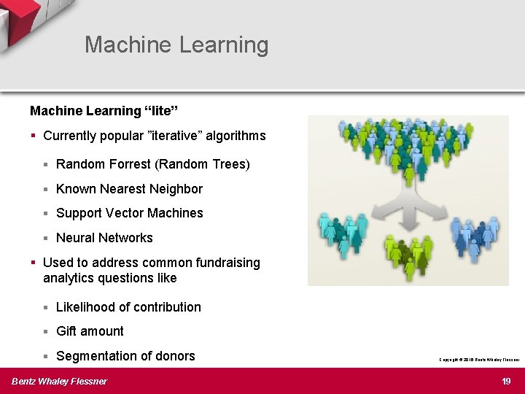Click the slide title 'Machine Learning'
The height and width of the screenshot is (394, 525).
pyautogui.click(x=176, y=45)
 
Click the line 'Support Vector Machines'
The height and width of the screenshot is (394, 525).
pyautogui.click(x=129, y=213)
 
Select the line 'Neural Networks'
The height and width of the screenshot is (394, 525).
pyautogui.click(x=104, y=238)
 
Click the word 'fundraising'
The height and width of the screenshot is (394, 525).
pyautogui.click(x=226, y=263)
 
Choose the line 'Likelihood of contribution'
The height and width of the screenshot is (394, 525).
pyautogui.click(x=128, y=307)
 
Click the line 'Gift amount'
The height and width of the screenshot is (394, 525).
pyautogui.click(x=90, y=331)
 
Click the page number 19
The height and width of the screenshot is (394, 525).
pyautogui.click(x=507, y=381)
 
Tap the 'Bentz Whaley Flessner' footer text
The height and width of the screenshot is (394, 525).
pyautogui.click(x=59, y=381)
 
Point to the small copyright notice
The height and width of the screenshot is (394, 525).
pyautogui.click(x=478, y=360)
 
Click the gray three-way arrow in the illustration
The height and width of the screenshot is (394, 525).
pyautogui.click(x=408, y=208)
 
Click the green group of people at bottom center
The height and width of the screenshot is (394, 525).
pyautogui.click(x=408, y=255)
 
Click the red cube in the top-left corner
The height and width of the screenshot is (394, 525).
pyautogui.click(x=18, y=18)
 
